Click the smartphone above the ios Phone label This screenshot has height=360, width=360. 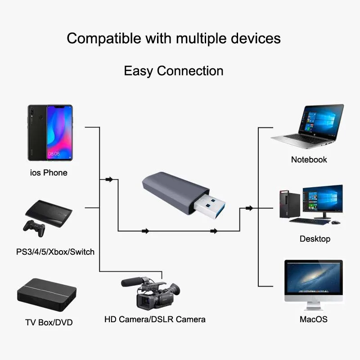click(x=50, y=134)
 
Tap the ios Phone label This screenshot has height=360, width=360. click(x=49, y=173)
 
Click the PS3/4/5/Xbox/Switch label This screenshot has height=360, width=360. click(x=55, y=252)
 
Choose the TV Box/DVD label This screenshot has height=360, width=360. click(x=49, y=322)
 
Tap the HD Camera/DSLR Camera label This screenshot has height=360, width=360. click(x=155, y=319)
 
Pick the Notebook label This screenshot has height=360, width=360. click(x=309, y=160)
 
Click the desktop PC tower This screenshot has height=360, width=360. click(x=284, y=203)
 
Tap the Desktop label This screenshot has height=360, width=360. click(x=315, y=239)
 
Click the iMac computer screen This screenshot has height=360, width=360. click(x=314, y=279)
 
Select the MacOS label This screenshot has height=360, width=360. click(x=314, y=320)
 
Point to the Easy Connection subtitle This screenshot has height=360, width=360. click(x=174, y=71)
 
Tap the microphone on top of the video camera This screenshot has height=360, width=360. click(x=131, y=281)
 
